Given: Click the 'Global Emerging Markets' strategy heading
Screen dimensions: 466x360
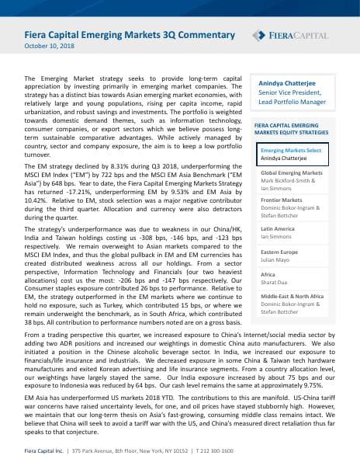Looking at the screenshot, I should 292,172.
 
